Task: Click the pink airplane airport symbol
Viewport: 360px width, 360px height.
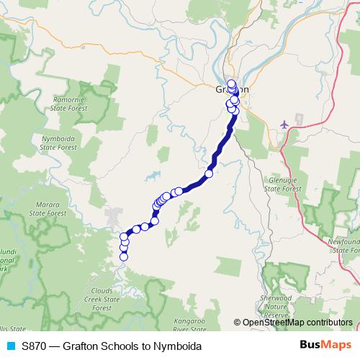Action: pos(284,125)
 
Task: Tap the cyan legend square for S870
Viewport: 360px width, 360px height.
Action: pos(10,346)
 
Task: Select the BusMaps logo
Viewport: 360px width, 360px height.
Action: pos(325,346)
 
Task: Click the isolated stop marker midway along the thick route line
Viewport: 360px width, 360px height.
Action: pos(210,173)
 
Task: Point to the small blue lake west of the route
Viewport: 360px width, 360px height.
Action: pos(153,175)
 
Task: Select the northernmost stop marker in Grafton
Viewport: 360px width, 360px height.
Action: pos(231,83)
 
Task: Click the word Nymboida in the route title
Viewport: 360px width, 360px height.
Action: pos(176,346)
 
